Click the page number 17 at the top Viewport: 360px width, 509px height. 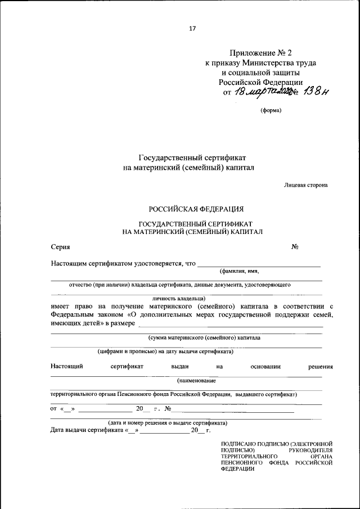(x=192, y=28)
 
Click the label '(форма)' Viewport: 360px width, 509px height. (x=271, y=110)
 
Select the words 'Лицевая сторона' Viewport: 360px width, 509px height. (x=305, y=184)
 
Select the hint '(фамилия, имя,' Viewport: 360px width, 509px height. (x=239, y=271)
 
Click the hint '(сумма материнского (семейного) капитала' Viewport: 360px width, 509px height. (x=204, y=338)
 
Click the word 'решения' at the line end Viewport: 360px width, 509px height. (x=320, y=366)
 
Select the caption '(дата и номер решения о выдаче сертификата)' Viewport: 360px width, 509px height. (x=168, y=422)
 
